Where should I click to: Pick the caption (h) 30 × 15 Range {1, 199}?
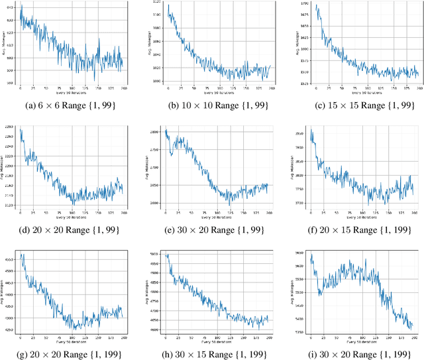pos(213,352)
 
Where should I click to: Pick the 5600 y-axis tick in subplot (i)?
pos(300,264)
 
